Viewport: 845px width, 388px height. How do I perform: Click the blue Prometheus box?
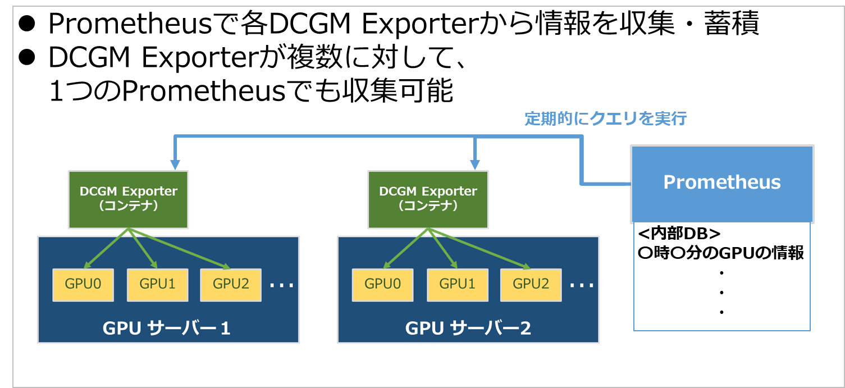pyautogui.click(x=722, y=183)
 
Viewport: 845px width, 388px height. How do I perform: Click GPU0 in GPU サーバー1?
pyautogui.click(x=83, y=284)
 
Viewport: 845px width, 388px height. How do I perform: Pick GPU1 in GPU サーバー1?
pyautogui.click(x=158, y=284)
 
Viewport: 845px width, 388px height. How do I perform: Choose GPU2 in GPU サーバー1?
pyautogui.click(x=231, y=284)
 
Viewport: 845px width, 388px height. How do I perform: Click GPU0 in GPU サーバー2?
pyautogui.click(x=383, y=284)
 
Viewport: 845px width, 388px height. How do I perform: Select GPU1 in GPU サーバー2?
pyautogui.click(x=457, y=284)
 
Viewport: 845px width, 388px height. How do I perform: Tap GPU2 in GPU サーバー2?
pyautogui.click(x=531, y=284)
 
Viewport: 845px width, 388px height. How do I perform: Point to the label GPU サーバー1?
pyautogui.click(x=167, y=328)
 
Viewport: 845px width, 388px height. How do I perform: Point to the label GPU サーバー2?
pyautogui.click(x=468, y=328)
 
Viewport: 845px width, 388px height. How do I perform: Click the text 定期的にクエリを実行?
pyautogui.click(x=605, y=119)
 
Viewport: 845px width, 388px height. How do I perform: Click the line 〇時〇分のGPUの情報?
pyautogui.click(x=721, y=253)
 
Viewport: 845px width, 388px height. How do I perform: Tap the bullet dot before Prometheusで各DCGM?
pyautogui.click(x=28, y=23)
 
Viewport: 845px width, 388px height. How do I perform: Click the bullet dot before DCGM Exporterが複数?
pyautogui.click(x=28, y=56)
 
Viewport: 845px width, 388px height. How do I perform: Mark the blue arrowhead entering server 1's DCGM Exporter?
pyautogui.click(x=176, y=164)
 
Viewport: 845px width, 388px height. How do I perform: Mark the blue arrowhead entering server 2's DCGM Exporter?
pyautogui.click(x=476, y=164)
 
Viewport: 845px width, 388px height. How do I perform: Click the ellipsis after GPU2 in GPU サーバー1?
pyautogui.click(x=281, y=285)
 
